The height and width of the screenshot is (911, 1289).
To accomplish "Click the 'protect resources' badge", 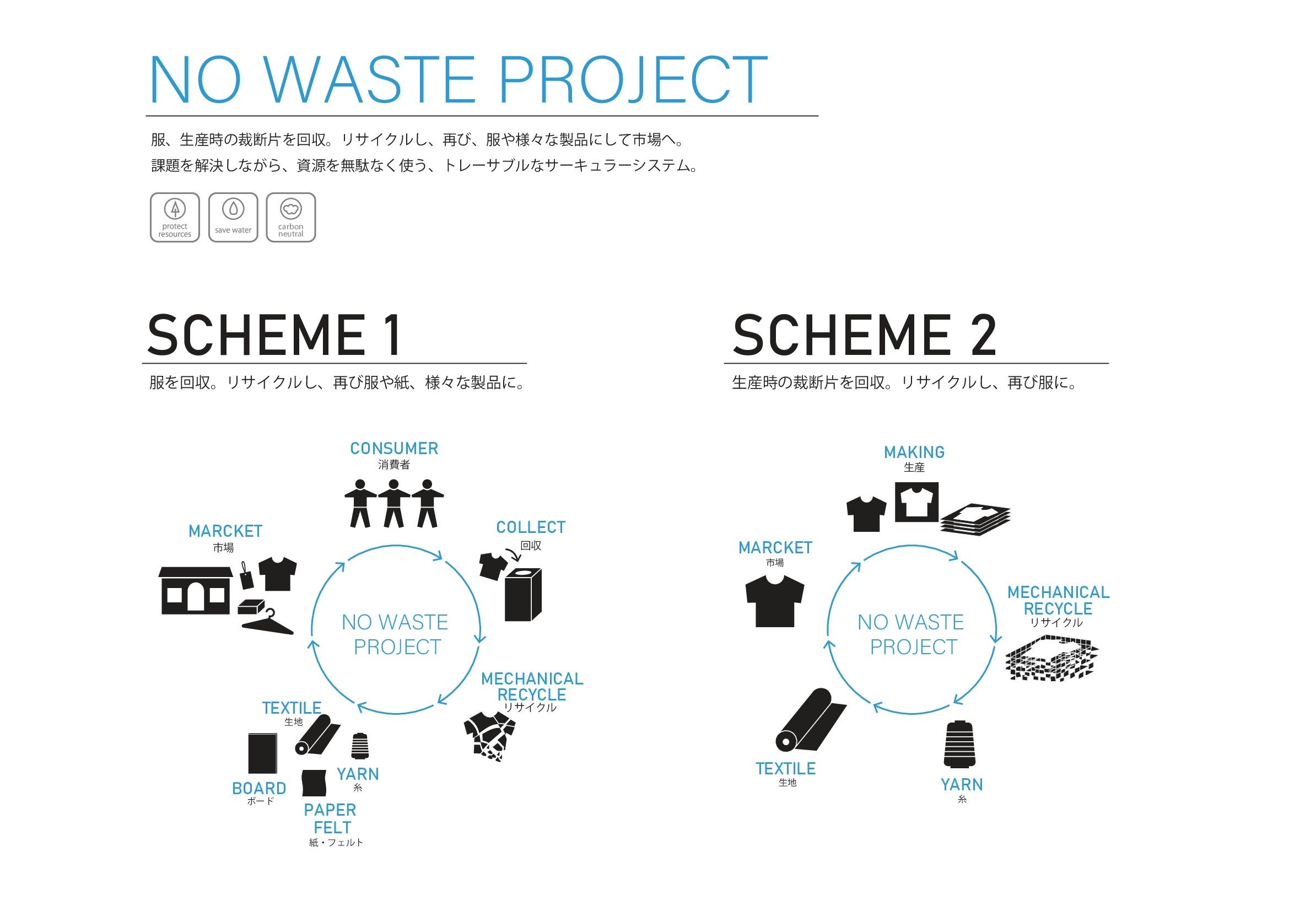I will [175, 218].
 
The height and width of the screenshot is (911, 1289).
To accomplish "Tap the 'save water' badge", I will [233, 218].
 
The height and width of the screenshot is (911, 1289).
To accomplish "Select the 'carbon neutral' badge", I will [291, 218].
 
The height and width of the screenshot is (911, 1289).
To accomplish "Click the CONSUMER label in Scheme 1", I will [394, 449].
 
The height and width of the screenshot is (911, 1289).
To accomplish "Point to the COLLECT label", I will [531, 527].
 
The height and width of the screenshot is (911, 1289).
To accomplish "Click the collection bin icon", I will [522, 595].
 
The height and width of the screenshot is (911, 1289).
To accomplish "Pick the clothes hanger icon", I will [268, 622].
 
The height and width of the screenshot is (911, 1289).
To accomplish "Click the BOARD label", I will [259, 788].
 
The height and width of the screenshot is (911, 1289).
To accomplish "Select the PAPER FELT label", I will [331, 818].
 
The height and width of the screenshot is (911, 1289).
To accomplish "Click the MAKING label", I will [914, 452].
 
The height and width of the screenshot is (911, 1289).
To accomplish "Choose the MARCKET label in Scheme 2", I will [775, 548].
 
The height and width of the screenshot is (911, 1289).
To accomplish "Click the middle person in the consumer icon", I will [393, 504].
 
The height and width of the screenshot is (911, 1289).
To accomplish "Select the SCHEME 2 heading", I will [865, 336].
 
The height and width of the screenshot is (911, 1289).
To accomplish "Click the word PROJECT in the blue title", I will [633, 80].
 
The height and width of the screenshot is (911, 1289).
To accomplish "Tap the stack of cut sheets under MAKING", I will [976, 519].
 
